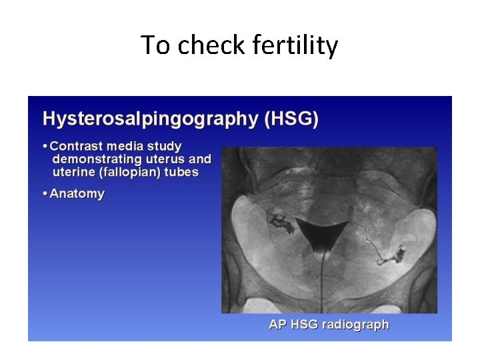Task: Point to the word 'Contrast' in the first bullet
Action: tap(77, 146)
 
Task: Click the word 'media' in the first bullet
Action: tap(128, 146)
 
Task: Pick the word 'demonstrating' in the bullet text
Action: tap(97, 159)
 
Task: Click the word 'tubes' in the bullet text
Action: tap(181, 172)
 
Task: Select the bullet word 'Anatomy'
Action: tap(77, 194)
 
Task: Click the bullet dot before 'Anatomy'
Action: tap(45, 194)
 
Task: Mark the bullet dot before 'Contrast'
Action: tap(45, 146)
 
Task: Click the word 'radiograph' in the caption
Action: tap(356, 325)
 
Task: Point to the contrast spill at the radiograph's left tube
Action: tap(280, 223)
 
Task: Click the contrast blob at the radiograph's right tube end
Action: tap(399, 253)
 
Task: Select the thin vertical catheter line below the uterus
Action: tap(323, 280)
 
